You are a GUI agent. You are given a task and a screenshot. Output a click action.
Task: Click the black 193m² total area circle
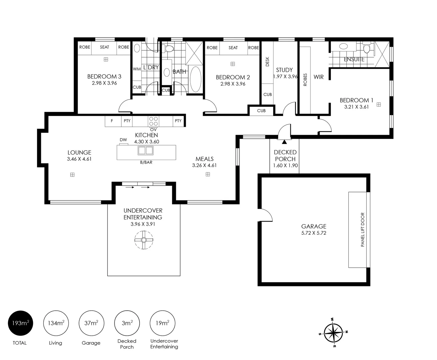point(20,323)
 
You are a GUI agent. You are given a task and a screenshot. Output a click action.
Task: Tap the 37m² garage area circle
point(92,323)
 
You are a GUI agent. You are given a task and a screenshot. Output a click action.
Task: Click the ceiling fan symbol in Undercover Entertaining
point(144,240)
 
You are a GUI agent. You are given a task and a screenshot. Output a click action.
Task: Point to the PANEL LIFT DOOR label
point(363,230)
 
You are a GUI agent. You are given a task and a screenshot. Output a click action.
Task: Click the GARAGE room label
point(313,226)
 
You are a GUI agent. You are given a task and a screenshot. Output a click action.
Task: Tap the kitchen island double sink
point(146,151)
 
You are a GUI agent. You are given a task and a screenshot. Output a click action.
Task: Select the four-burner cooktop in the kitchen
point(154,121)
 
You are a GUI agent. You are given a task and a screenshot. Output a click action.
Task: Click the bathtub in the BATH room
point(195,79)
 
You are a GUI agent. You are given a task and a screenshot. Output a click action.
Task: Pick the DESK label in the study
point(267,62)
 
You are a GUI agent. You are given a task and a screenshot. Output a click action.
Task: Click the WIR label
point(318,77)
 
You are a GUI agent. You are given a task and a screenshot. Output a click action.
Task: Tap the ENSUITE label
point(354,59)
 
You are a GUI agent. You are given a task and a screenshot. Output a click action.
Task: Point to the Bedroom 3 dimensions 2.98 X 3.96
point(104,83)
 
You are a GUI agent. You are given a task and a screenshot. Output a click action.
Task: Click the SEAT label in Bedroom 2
point(233,48)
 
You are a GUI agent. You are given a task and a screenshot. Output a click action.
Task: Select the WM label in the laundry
point(137,69)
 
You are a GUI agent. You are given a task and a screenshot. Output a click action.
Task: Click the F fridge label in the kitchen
point(112,121)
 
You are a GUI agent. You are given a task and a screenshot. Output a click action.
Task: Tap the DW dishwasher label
point(123,140)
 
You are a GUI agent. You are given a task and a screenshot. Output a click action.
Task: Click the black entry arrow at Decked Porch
point(284,142)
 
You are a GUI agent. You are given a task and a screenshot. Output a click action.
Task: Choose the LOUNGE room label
point(79,153)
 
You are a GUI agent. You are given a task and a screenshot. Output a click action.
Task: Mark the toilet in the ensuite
point(366,49)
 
